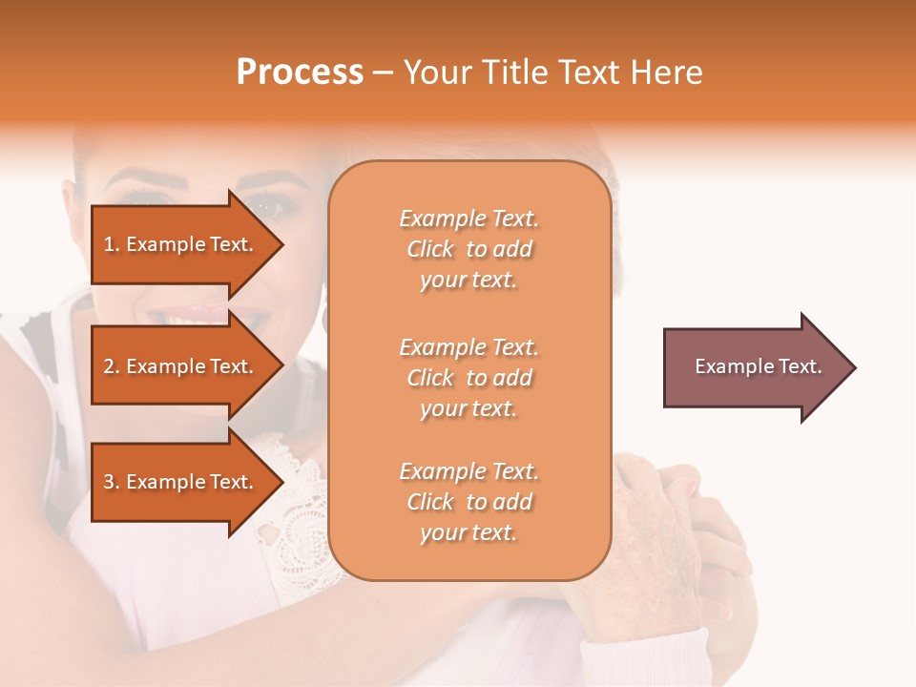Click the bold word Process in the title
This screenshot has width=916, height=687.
point(300,73)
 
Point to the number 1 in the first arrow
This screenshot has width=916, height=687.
point(108,244)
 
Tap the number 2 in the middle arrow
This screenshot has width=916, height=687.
point(108,366)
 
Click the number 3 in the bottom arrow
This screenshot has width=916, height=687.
point(108,482)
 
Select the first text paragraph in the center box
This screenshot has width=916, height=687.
point(468,249)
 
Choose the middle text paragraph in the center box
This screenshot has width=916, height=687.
point(468,378)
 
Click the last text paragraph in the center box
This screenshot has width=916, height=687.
point(468,502)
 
